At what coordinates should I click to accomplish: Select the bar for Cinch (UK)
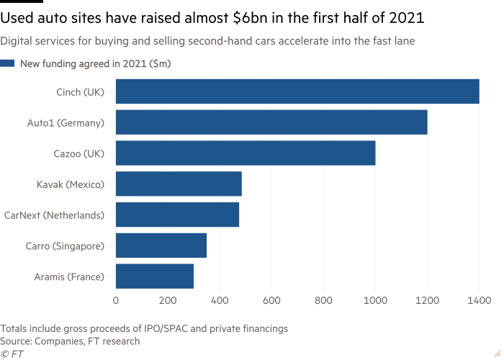click(x=297, y=91)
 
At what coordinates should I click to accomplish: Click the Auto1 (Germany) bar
click(x=271, y=122)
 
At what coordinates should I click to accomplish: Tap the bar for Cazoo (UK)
click(x=245, y=153)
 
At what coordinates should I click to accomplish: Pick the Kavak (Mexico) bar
click(x=178, y=184)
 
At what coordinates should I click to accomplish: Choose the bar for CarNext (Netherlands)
click(x=177, y=215)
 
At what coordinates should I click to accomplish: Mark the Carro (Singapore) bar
click(x=161, y=246)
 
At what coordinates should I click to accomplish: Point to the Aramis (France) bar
click(x=155, y=276)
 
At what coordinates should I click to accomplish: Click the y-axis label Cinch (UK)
click(x=80, y=91)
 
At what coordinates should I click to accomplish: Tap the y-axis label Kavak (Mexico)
click(x=71, y=184)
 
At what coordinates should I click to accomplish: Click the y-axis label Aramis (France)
click(x=69, y=276)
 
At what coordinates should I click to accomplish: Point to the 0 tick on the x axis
click(x=115, y=299)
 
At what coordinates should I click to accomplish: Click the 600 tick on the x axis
click(x=271, y=299)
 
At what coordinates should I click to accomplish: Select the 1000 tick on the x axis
click(x=375, y=299)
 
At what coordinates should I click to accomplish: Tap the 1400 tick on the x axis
click(x=479, y=299)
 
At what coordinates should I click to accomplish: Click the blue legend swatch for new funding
click(x=7, y=64)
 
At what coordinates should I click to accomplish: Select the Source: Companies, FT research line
click(x=70, y=341)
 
